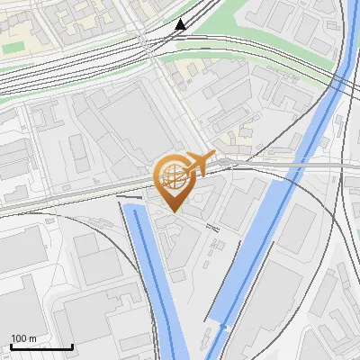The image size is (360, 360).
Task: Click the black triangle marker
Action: pyautogui.click(x=181, y=23)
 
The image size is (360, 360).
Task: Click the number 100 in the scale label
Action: pyautogui.click(x=20, y=338)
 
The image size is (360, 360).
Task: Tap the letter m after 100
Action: pyautogui.click(x=33, y=338)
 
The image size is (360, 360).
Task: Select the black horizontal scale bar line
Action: pyautogui.click(x=40, y=347)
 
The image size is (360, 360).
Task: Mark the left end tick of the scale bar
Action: pyautogui.click(x=11, y=346)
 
